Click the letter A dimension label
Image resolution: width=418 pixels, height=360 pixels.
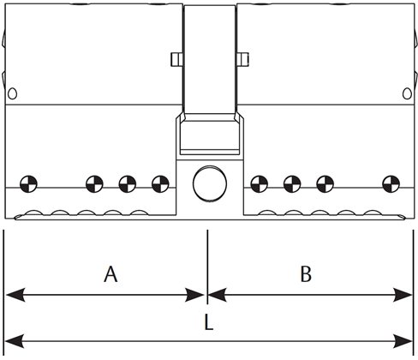coord(110,274)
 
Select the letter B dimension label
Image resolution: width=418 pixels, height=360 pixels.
coord(306,274)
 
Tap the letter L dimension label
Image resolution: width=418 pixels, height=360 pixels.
coord(209,324)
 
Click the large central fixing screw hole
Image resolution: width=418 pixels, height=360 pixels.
coord(210,183)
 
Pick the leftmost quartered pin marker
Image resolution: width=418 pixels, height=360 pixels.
coord(28,183)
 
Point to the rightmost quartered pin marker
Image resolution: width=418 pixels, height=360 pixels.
coord(391,183)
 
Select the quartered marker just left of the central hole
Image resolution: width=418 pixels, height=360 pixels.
coord(160,183)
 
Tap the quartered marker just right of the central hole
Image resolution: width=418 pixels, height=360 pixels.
coord(260,183)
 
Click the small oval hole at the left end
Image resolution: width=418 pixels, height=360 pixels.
coord(12,93)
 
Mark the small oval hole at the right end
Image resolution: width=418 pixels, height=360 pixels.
coord(407,93)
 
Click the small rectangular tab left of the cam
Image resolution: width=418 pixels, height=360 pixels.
coord(176,59)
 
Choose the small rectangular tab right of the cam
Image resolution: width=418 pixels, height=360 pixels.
coord(243,59)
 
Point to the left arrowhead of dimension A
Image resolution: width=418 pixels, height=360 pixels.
coord(15,295)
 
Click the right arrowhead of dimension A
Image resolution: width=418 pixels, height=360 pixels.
coord(194,295)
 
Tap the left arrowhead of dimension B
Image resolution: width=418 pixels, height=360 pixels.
coord(218,295)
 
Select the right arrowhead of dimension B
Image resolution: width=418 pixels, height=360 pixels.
coord(403,295)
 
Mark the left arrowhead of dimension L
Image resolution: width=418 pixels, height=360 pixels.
coord(15,341)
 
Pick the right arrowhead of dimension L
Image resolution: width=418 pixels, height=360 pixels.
coord(403,341)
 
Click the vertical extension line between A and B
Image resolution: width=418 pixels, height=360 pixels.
coord(207,267)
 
